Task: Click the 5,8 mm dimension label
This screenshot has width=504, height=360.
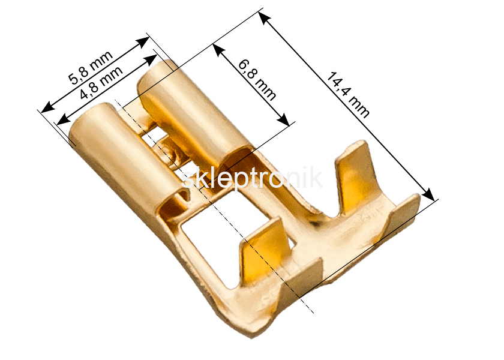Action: click(92, 67)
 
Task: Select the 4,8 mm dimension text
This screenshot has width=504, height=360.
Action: click(101, 83)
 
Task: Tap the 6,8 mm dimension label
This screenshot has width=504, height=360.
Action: click(257, 80)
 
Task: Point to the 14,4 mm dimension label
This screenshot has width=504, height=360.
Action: click(348, 95)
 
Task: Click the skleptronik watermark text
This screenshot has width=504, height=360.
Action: click(251, 179)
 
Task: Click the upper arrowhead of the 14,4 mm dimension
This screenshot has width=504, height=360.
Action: click(265, 18)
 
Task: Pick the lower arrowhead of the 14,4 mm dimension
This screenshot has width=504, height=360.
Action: click(428, 194)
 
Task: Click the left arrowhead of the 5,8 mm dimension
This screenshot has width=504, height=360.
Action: click(48, 107)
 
